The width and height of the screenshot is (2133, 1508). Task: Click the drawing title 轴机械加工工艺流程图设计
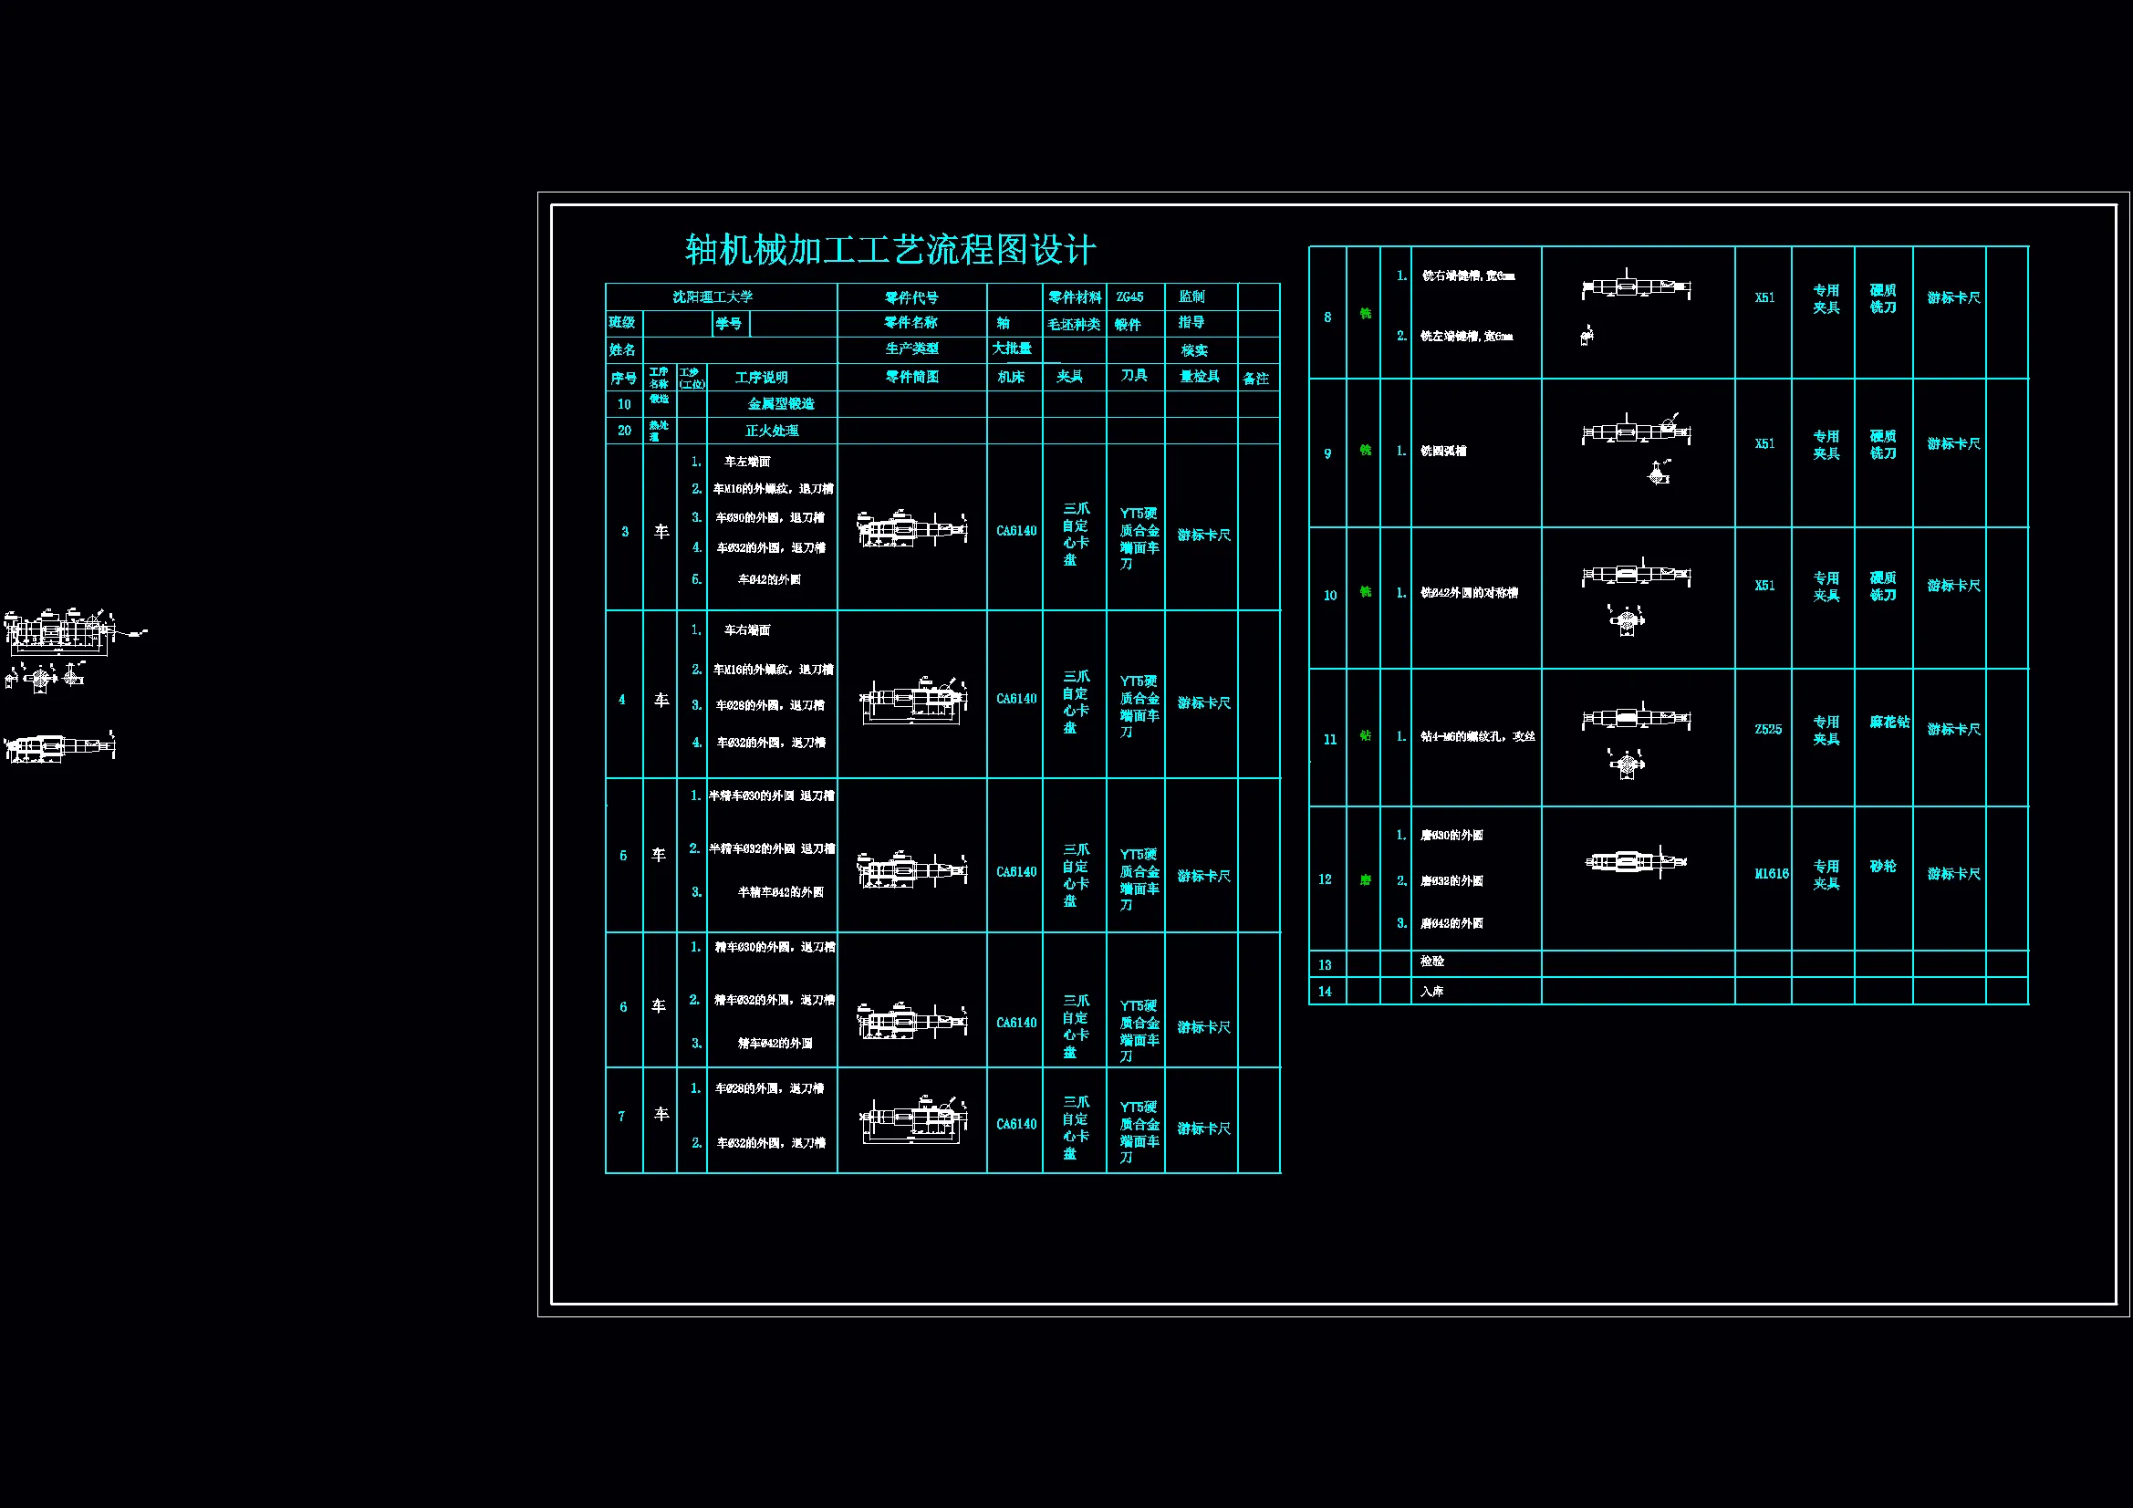click(x=890, y=250)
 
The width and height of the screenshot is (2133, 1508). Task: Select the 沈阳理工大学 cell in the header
click(x=713, y=297)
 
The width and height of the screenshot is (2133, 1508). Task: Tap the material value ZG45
click(x=1129, y=297)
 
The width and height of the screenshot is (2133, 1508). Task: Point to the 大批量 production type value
click(x=1012, y=348)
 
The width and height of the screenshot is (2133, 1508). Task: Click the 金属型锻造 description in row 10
click(x=780, y=404)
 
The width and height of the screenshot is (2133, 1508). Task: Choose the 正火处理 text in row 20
click(x=771, y=432)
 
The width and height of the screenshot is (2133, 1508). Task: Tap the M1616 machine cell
click(x=1771, y=874)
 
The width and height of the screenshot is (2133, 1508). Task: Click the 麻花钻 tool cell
click(x=1889, y=722)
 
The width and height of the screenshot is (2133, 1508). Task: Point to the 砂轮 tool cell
click(x=1883, y=867)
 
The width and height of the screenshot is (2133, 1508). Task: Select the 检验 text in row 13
click(x=1431, y=962)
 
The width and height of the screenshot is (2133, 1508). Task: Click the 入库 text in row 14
click(x=1431, y=992)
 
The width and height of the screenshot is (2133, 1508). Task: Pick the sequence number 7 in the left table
click(x=621, y=1117)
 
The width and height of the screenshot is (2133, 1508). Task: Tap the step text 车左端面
click(x=747, y=462)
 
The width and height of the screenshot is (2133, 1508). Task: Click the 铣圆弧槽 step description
click(x=1442, y=452)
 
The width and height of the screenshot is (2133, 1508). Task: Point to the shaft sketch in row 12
click(x=1635, y=862)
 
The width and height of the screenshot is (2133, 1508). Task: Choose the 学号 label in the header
click(x=728, y=323)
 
